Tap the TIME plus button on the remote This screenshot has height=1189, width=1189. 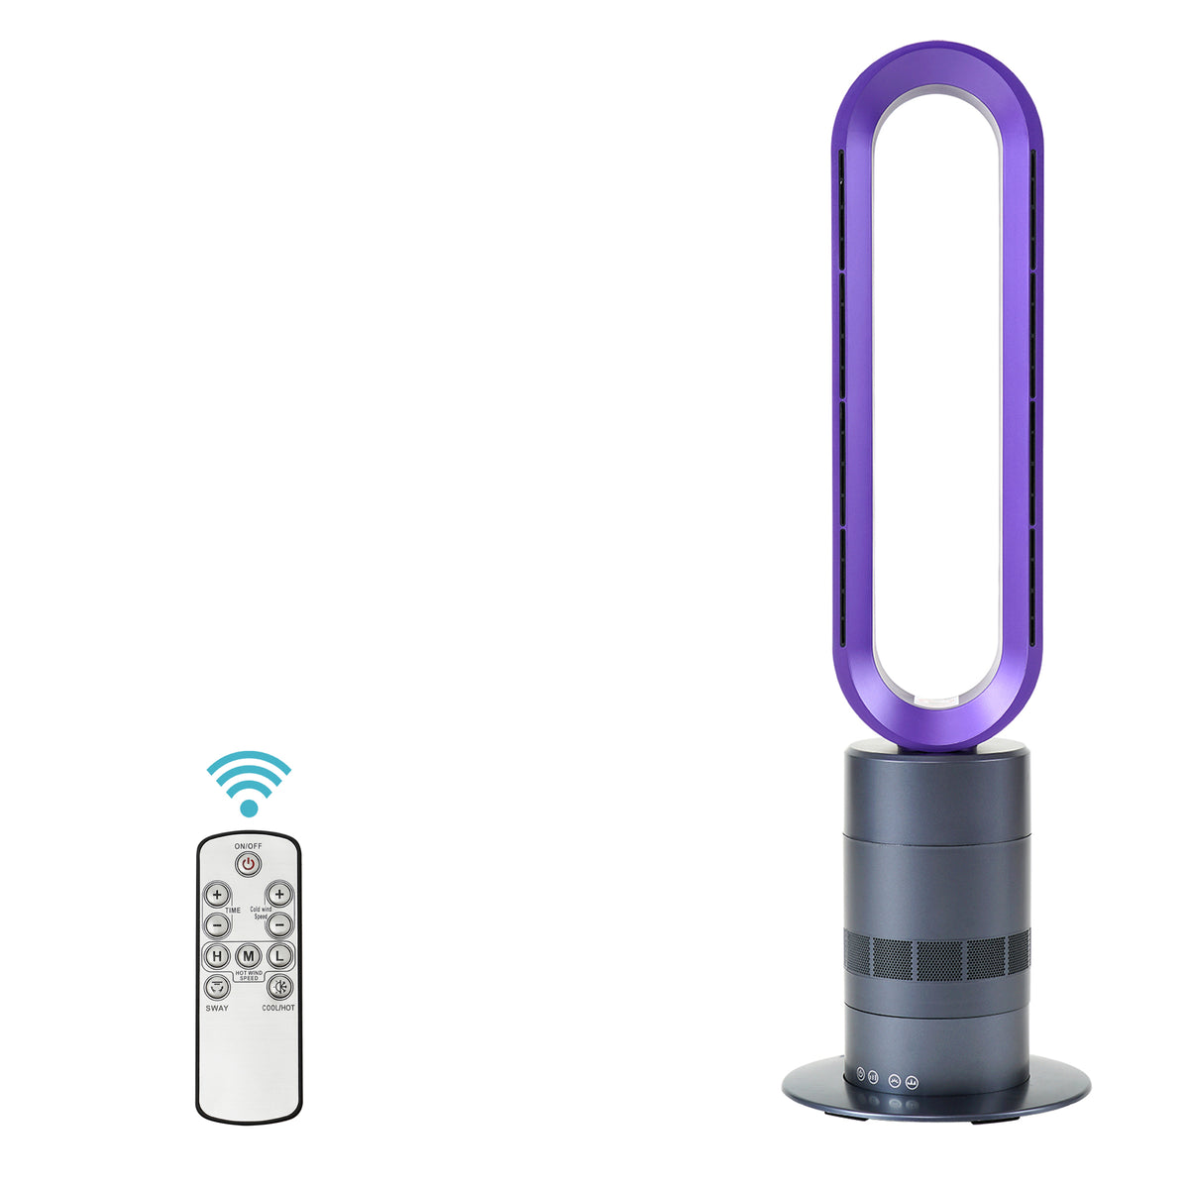pos(217,895)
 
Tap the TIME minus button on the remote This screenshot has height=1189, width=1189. pos(217,924)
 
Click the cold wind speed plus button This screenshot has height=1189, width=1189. pos(279,895)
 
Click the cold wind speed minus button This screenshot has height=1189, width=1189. pos(279,924)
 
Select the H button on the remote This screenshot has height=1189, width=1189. pos(216,956)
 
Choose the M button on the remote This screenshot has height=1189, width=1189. pos(249,956)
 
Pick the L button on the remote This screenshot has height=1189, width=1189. pos(280,956)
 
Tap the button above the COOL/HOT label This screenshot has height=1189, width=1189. pos(279,987)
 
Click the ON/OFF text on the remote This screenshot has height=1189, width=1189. pos(249,846)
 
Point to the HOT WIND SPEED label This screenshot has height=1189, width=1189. pos(249,975)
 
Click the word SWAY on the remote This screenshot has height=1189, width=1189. pos(217,1009)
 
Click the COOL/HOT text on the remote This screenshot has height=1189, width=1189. pos(278,1009)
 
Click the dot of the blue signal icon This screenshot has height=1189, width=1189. pos(249,809)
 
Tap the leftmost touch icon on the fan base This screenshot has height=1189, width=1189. pos(860,1073)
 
